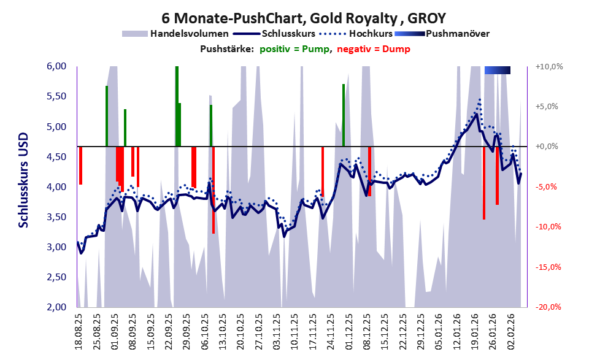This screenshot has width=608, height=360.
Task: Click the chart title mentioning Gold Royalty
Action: pyautogui.click(x=304, y=17)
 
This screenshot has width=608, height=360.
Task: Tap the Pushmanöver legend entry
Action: pyautogui.click(x=457, y=34)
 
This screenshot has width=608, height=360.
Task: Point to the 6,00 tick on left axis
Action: pyautogui.click(x=56, y=67)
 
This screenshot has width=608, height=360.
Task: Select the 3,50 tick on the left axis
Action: pyautogui.click(x=56, y=217)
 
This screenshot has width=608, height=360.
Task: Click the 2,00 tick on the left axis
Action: pyautogui.click(x=56, y=307)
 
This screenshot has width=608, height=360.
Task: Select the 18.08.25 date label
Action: pyautogui.click(x=79, y=331)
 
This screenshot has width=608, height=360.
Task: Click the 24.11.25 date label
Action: pyautogui.click(x=330, y=331)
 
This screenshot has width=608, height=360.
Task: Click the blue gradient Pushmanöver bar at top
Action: pyautogui.click(x=497, y=71)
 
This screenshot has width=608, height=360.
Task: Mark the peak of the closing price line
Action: pyautogui.click(x=477, y=114)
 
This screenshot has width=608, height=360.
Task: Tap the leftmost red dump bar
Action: pyautogui.click(x=80, y=165)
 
